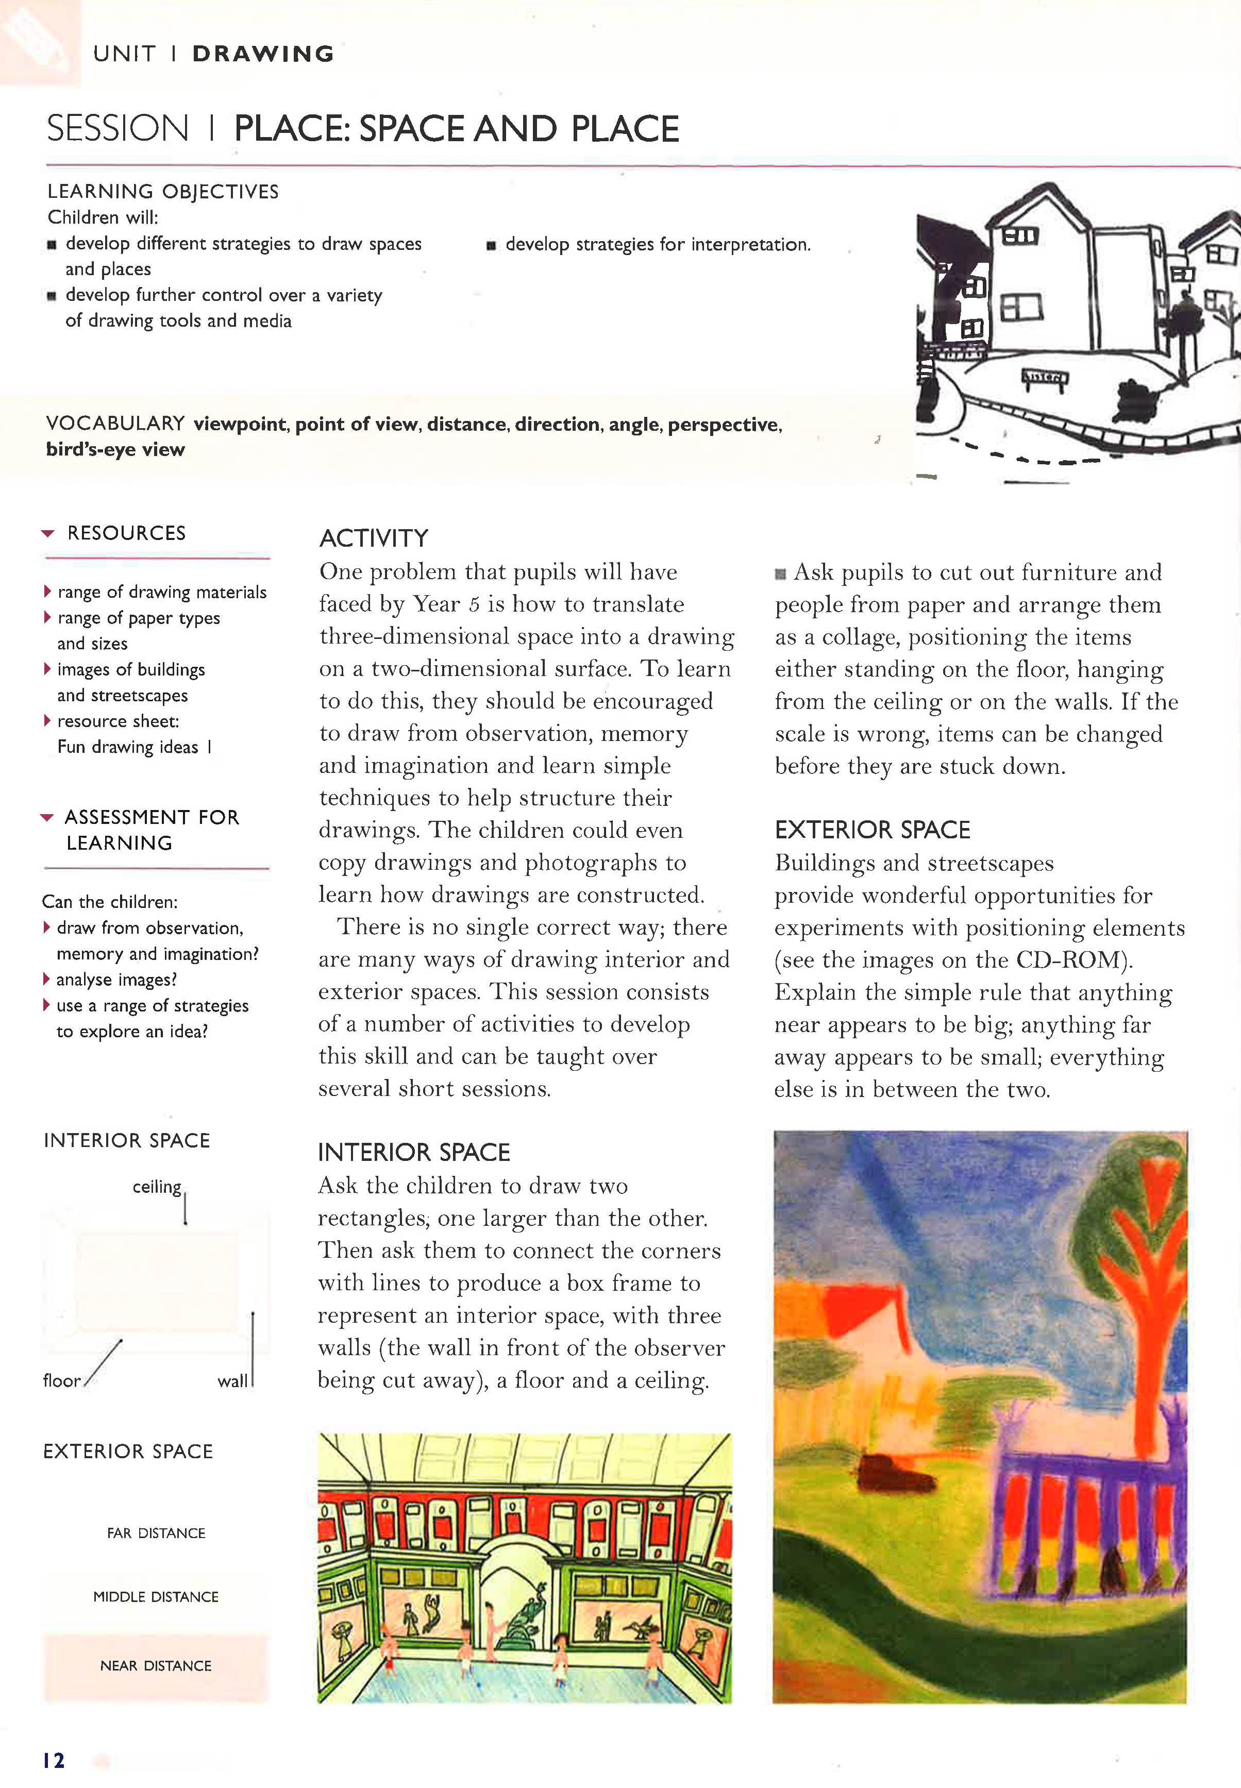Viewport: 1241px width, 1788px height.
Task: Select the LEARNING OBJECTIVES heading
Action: [x=162, y=191]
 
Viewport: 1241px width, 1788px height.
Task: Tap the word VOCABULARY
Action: [x=115, y=423]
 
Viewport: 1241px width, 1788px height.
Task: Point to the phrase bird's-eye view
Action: [x=115, y=449]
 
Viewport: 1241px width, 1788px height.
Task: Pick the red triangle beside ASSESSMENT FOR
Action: [x=47, y=817]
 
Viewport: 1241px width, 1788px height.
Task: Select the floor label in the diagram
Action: [x=61, y=1380]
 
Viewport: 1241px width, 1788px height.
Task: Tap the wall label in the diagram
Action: [x=232, y=1380]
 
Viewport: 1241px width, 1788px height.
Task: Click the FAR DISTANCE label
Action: [x=156, y=1533]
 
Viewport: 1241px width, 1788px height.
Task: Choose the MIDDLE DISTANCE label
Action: [x=156, y=1597]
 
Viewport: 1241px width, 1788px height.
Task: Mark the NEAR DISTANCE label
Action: [x=156, y=1665]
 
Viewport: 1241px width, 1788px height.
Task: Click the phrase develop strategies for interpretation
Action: [x=657, y=244]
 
